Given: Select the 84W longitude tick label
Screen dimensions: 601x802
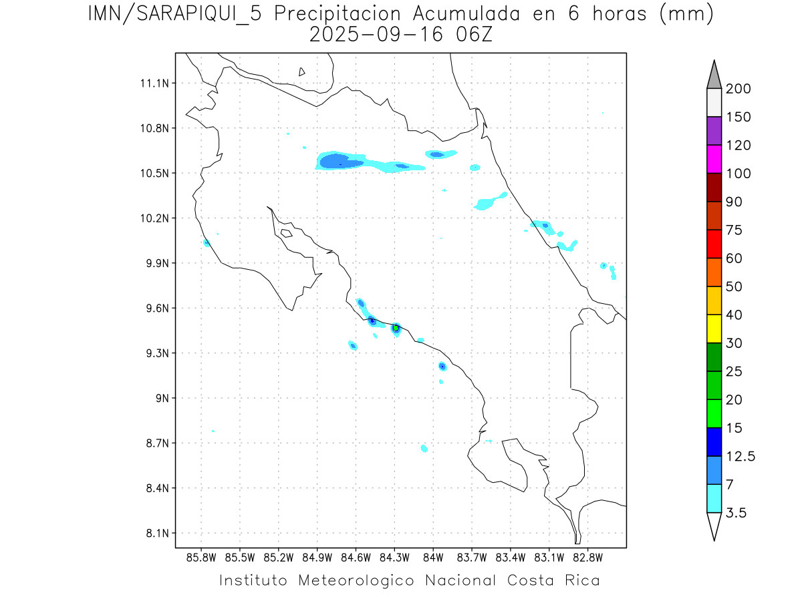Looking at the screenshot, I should pos(433,558).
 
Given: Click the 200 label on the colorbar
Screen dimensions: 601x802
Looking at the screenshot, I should pos(739,89).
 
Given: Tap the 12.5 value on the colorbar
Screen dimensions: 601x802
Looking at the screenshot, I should pos(740,456).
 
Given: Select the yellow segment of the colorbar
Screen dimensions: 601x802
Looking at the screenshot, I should pos(714,329).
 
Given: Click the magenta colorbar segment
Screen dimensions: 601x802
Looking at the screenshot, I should pos(714,159).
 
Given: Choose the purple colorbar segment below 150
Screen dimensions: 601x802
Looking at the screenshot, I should pos(714,131).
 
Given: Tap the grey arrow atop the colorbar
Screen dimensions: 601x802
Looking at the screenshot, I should pos(714,75).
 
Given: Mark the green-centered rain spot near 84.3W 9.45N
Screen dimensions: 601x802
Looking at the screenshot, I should pos(396,328).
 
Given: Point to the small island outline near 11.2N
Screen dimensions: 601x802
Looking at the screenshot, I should pos(302,71).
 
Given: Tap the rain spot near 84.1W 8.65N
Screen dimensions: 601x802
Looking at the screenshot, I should pos(424,448).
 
